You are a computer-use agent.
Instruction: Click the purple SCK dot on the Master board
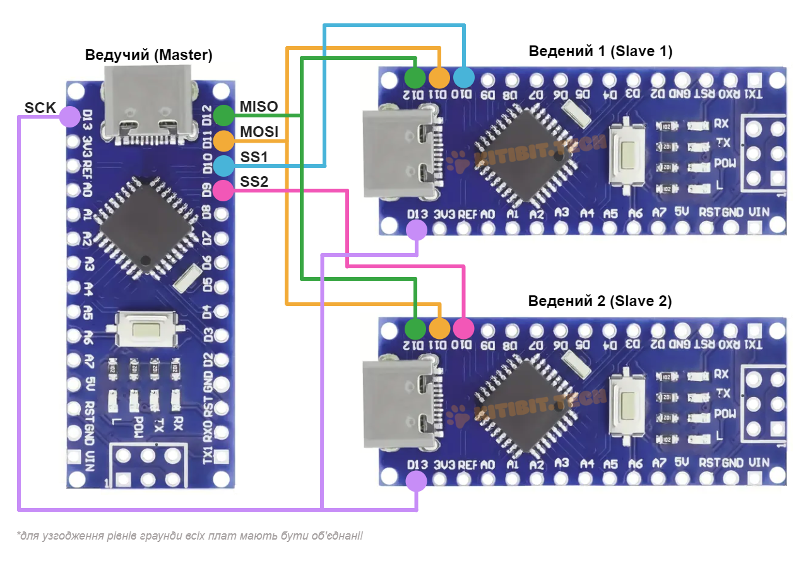69,117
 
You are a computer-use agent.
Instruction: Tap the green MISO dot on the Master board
223,115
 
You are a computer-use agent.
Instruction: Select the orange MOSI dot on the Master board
223,140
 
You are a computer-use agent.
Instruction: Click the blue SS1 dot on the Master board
223,165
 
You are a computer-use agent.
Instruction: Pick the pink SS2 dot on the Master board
223,190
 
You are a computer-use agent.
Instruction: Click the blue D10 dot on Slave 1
463,78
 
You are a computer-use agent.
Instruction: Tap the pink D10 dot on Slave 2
463,328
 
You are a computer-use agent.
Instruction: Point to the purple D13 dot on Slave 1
416,230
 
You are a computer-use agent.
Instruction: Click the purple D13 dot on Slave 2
416,482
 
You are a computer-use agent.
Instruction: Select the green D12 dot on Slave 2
415,328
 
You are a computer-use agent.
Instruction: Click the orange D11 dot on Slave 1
439,78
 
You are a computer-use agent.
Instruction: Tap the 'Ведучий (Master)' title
149,56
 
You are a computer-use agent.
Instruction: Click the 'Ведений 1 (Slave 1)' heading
600,51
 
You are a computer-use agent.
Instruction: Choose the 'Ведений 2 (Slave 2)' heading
600,301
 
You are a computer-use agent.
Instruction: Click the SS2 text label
254,182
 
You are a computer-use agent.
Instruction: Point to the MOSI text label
259,132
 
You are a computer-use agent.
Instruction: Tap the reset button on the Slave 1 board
629,153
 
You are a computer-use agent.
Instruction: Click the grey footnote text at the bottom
190,536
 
